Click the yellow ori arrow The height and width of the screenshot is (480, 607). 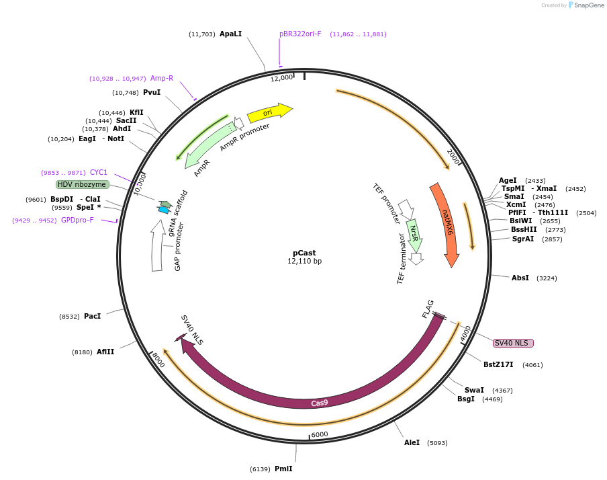[x=269, y=112]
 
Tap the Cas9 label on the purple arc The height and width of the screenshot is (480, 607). [x=320, y=403]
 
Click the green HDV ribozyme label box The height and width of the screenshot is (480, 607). [x=82, y=184]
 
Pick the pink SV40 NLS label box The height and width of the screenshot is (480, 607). [x=513, y=343]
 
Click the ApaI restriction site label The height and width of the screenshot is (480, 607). [x=230, y=34]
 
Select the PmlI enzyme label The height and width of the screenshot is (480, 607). [x=283, y=469]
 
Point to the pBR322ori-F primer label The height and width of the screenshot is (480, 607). [x=300, y=34]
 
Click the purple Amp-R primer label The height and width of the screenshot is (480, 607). [x=162, y=78]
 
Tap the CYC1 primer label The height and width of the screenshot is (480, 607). [x=99, y=172]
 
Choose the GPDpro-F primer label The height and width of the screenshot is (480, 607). [x=77, y=220]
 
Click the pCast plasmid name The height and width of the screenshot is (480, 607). [x=304, y=253]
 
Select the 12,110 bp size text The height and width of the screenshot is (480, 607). [x=304, y=261]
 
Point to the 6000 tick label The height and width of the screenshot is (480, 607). [x=320, y=434]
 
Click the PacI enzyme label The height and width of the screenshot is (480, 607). [x=93, y=316]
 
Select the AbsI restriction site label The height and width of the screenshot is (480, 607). [x=520, y=278]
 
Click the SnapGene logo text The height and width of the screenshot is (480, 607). [x=589, y=5]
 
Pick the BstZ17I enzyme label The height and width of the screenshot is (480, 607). [x=498, y=364]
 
